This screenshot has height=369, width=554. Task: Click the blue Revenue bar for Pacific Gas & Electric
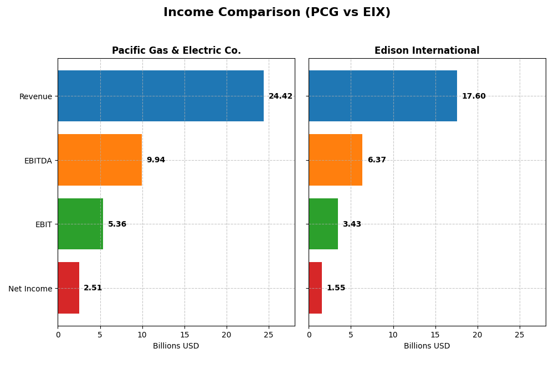click(161, 96)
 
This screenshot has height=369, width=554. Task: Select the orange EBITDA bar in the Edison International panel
click(335, 160)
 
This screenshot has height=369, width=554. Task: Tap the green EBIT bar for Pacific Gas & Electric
click(80, 224)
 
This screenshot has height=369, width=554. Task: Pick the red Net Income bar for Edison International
click(315, 288)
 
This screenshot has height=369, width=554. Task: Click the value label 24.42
click(280, 96)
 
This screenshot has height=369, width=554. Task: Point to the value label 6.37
click(377, 160)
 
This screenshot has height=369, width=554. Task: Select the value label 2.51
click(93, 288)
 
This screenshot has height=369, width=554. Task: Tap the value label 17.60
click(474, 96)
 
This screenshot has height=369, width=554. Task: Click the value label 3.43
click(352, 224)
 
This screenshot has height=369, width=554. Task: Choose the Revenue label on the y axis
click(35, 96)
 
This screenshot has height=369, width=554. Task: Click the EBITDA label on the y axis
click(38, 161)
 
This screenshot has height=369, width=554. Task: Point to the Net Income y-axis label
click(30, 289)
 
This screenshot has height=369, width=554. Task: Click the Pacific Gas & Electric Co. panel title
click(176, 51)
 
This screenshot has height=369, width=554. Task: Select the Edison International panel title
click(427, 51)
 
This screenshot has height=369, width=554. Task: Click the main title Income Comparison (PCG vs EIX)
click(277, 13)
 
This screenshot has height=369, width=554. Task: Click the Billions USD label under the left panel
click(176, 346)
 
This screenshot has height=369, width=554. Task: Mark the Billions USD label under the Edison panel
click(427, 346)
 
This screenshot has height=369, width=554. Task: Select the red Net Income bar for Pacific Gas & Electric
click(68, 288)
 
